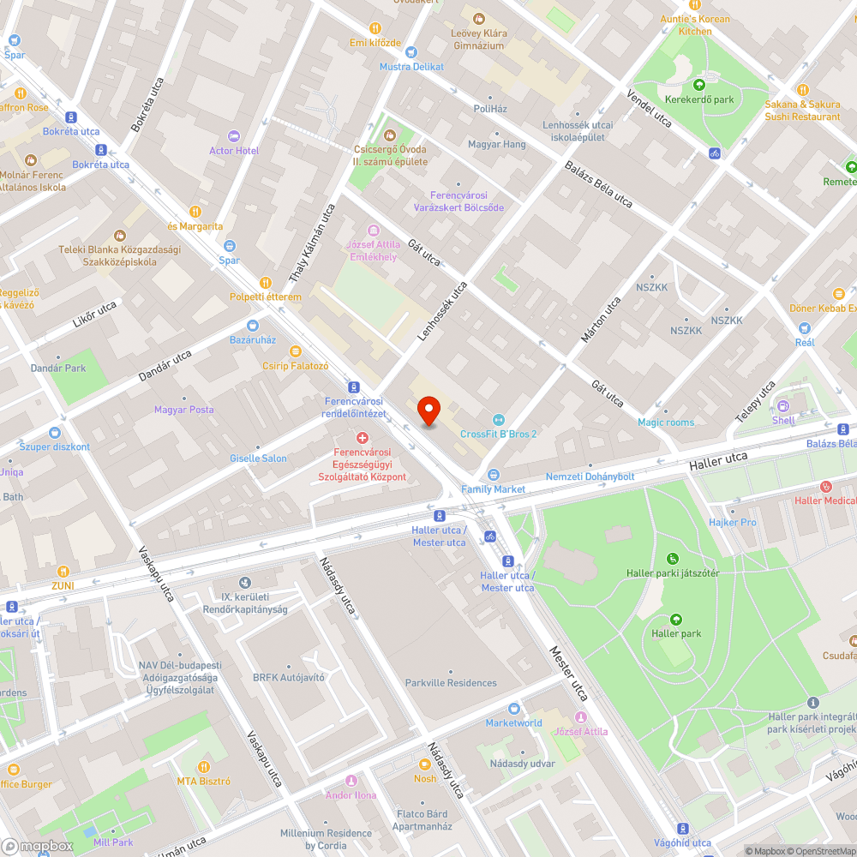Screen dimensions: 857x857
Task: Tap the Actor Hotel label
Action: pos(234,151)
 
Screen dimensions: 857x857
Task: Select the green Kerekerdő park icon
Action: pos(699,85)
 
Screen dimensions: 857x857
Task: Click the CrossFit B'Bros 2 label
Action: pos(498,434)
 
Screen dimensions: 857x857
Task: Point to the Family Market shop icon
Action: pos(493,474)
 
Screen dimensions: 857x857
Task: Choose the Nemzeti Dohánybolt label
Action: pos(590,476)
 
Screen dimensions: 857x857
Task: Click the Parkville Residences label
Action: pos(451,683)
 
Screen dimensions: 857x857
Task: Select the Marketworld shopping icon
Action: pos(514,708)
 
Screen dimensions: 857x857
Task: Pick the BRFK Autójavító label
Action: pos(289,677)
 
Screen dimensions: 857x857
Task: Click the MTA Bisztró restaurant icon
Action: pos(204,766)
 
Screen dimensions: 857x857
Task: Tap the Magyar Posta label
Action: pos(184,410)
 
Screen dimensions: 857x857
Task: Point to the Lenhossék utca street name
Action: pos(442,312)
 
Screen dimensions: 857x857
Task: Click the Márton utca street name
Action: pos(601,320)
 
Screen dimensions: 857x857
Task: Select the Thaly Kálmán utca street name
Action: pos(312,244)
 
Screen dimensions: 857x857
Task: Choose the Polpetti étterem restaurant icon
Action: pos(266,283)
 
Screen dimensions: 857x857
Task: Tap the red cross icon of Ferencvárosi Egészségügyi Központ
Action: pos(363,438)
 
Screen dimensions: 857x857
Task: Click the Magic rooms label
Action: pos(666,423)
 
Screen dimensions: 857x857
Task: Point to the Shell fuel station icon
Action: pos(783,406)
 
